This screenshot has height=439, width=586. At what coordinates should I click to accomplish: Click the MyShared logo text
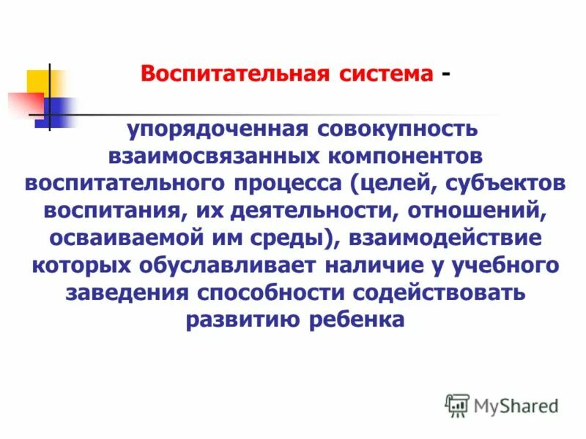point(516,404)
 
